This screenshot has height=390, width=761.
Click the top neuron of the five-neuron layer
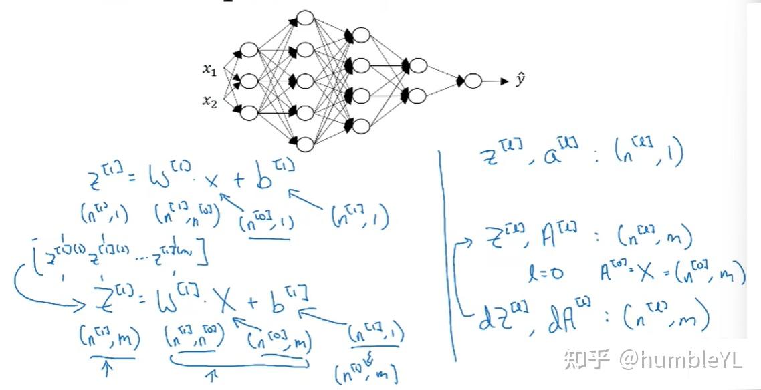click(305, 18)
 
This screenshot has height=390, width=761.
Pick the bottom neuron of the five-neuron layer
click(305, 144)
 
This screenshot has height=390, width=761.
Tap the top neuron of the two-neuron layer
click(418, 65)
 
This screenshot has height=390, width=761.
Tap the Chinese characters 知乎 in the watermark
click(586, 361)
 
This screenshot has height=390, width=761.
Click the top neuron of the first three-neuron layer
click(249, 50)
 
